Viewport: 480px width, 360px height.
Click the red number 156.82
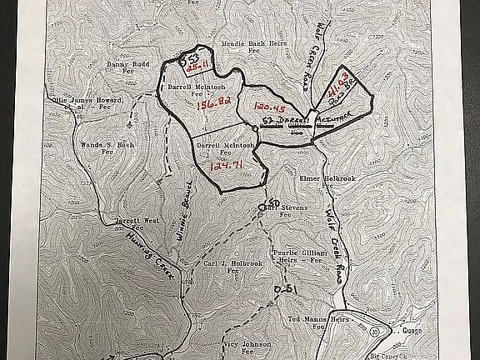[212, 106]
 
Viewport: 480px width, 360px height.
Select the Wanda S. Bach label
[94, 147]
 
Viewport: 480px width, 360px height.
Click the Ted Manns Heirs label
[322, 322]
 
